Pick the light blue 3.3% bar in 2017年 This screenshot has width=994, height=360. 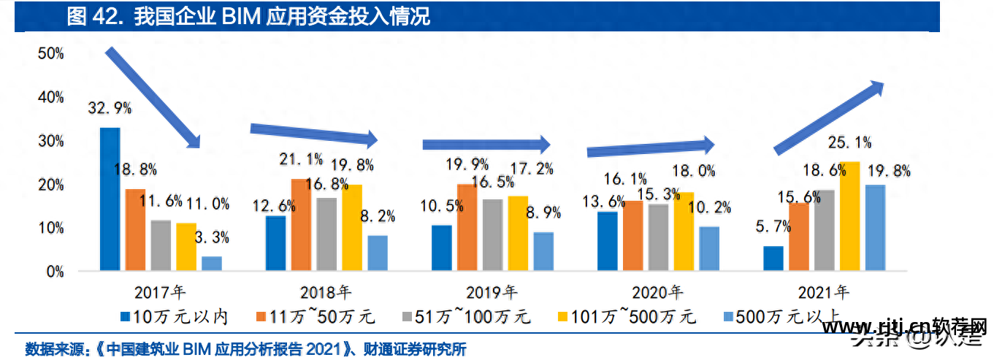tap(211, 264)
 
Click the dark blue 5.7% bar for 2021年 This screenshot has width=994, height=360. tap(773, 258)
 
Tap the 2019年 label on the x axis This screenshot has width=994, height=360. tap(492, 293)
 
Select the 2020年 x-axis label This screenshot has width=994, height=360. tap(658, 293)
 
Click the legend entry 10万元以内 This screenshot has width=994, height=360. tap(175, 317)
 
